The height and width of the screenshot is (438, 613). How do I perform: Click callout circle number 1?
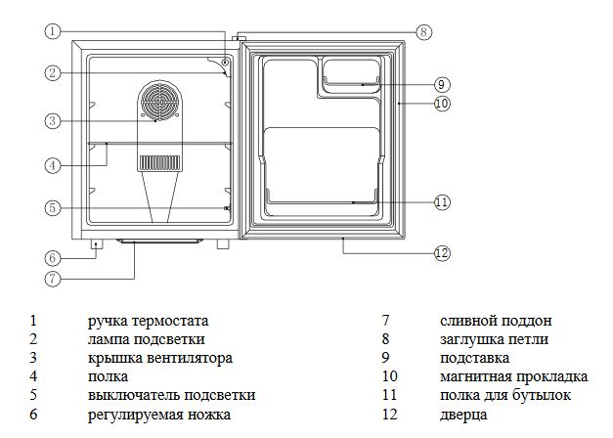(x=53, y=30)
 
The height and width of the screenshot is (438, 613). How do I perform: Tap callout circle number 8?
(x=422, y=31)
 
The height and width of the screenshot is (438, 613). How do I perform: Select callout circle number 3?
(x=53, y=121)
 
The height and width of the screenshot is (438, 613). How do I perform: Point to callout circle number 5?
(x=53, y=207)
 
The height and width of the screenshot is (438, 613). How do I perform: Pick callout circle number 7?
(x=53, y=277)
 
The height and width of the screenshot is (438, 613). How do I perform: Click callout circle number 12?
(x=441, y=253)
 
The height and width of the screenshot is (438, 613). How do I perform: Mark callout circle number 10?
(x=441, y=102)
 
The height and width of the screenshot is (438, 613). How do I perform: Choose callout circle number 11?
(x=441, y=202)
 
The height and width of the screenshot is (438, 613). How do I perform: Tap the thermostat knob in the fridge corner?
(x=226, y=64)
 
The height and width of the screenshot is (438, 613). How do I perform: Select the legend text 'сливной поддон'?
(x=496, y=321)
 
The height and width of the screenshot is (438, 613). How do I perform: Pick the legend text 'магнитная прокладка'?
(x=513, y=376)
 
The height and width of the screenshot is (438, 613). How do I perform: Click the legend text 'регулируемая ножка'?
(x=159, y=414)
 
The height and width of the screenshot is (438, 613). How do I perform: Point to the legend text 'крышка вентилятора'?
(x=159, y=358)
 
